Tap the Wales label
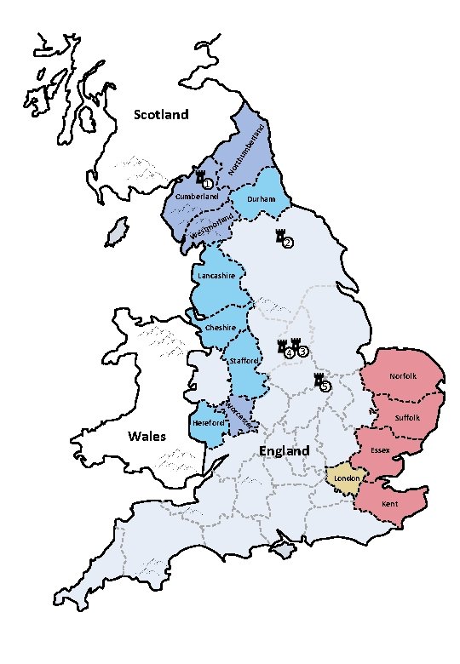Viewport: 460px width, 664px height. [147, 437]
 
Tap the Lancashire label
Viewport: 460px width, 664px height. [216, 277]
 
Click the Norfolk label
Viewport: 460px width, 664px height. [402, 375]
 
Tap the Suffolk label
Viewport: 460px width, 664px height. [408, 418]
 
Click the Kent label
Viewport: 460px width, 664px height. [389, 504]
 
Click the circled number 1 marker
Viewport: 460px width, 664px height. [207, 182]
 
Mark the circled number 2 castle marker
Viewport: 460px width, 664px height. [287, 243]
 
